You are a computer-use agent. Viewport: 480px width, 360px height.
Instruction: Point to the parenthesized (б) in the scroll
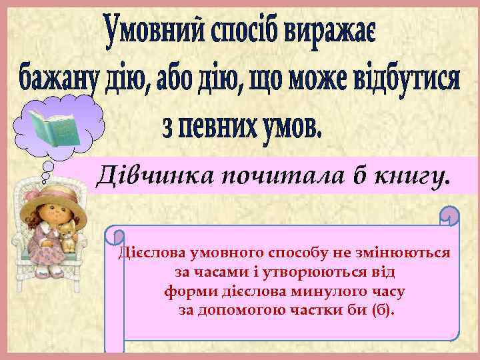click(x=383, y=311)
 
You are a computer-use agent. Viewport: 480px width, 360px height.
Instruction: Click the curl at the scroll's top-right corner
click(x=451, y=217)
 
